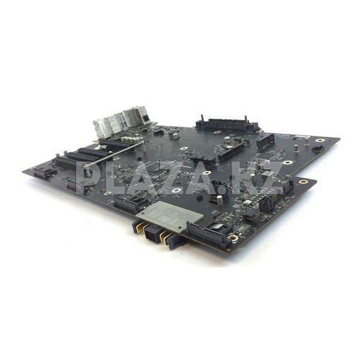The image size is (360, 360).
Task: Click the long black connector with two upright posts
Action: [227, 124]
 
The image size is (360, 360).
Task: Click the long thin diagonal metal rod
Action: [114, 154]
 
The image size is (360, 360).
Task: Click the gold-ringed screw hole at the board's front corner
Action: [233, 238]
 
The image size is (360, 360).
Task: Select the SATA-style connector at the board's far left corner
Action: [46, 173]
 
